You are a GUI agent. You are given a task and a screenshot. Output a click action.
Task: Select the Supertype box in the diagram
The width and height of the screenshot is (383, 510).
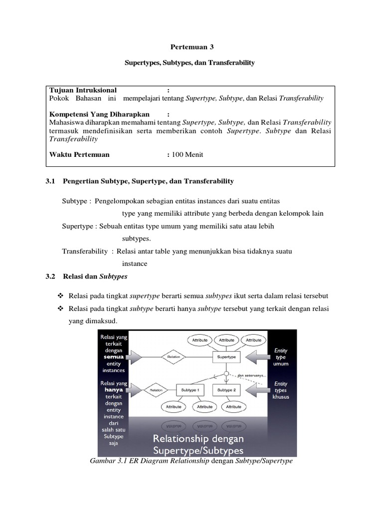tap(227, 357)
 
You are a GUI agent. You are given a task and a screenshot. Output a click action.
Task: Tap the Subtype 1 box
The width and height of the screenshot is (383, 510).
tap(190, 389)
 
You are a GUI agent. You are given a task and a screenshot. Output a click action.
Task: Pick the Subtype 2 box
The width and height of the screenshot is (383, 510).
tap(227, 389)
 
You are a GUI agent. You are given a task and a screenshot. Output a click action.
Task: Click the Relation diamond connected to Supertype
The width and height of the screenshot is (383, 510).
tap(174, 357)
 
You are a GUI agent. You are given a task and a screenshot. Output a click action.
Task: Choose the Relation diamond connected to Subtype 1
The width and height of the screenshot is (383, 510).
tap(157, 390)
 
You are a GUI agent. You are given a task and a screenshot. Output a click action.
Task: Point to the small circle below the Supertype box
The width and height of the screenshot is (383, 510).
tap(227, 373)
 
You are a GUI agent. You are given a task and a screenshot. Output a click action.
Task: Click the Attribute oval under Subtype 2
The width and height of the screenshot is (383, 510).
tap(233, 406)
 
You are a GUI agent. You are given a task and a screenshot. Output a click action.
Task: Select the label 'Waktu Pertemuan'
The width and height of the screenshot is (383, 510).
tap(79, 154)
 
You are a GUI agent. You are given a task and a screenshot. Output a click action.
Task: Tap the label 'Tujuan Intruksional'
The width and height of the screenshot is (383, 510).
tap(83, 90)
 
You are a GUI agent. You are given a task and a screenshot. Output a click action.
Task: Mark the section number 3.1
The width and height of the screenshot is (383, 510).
tap(50, 181)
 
